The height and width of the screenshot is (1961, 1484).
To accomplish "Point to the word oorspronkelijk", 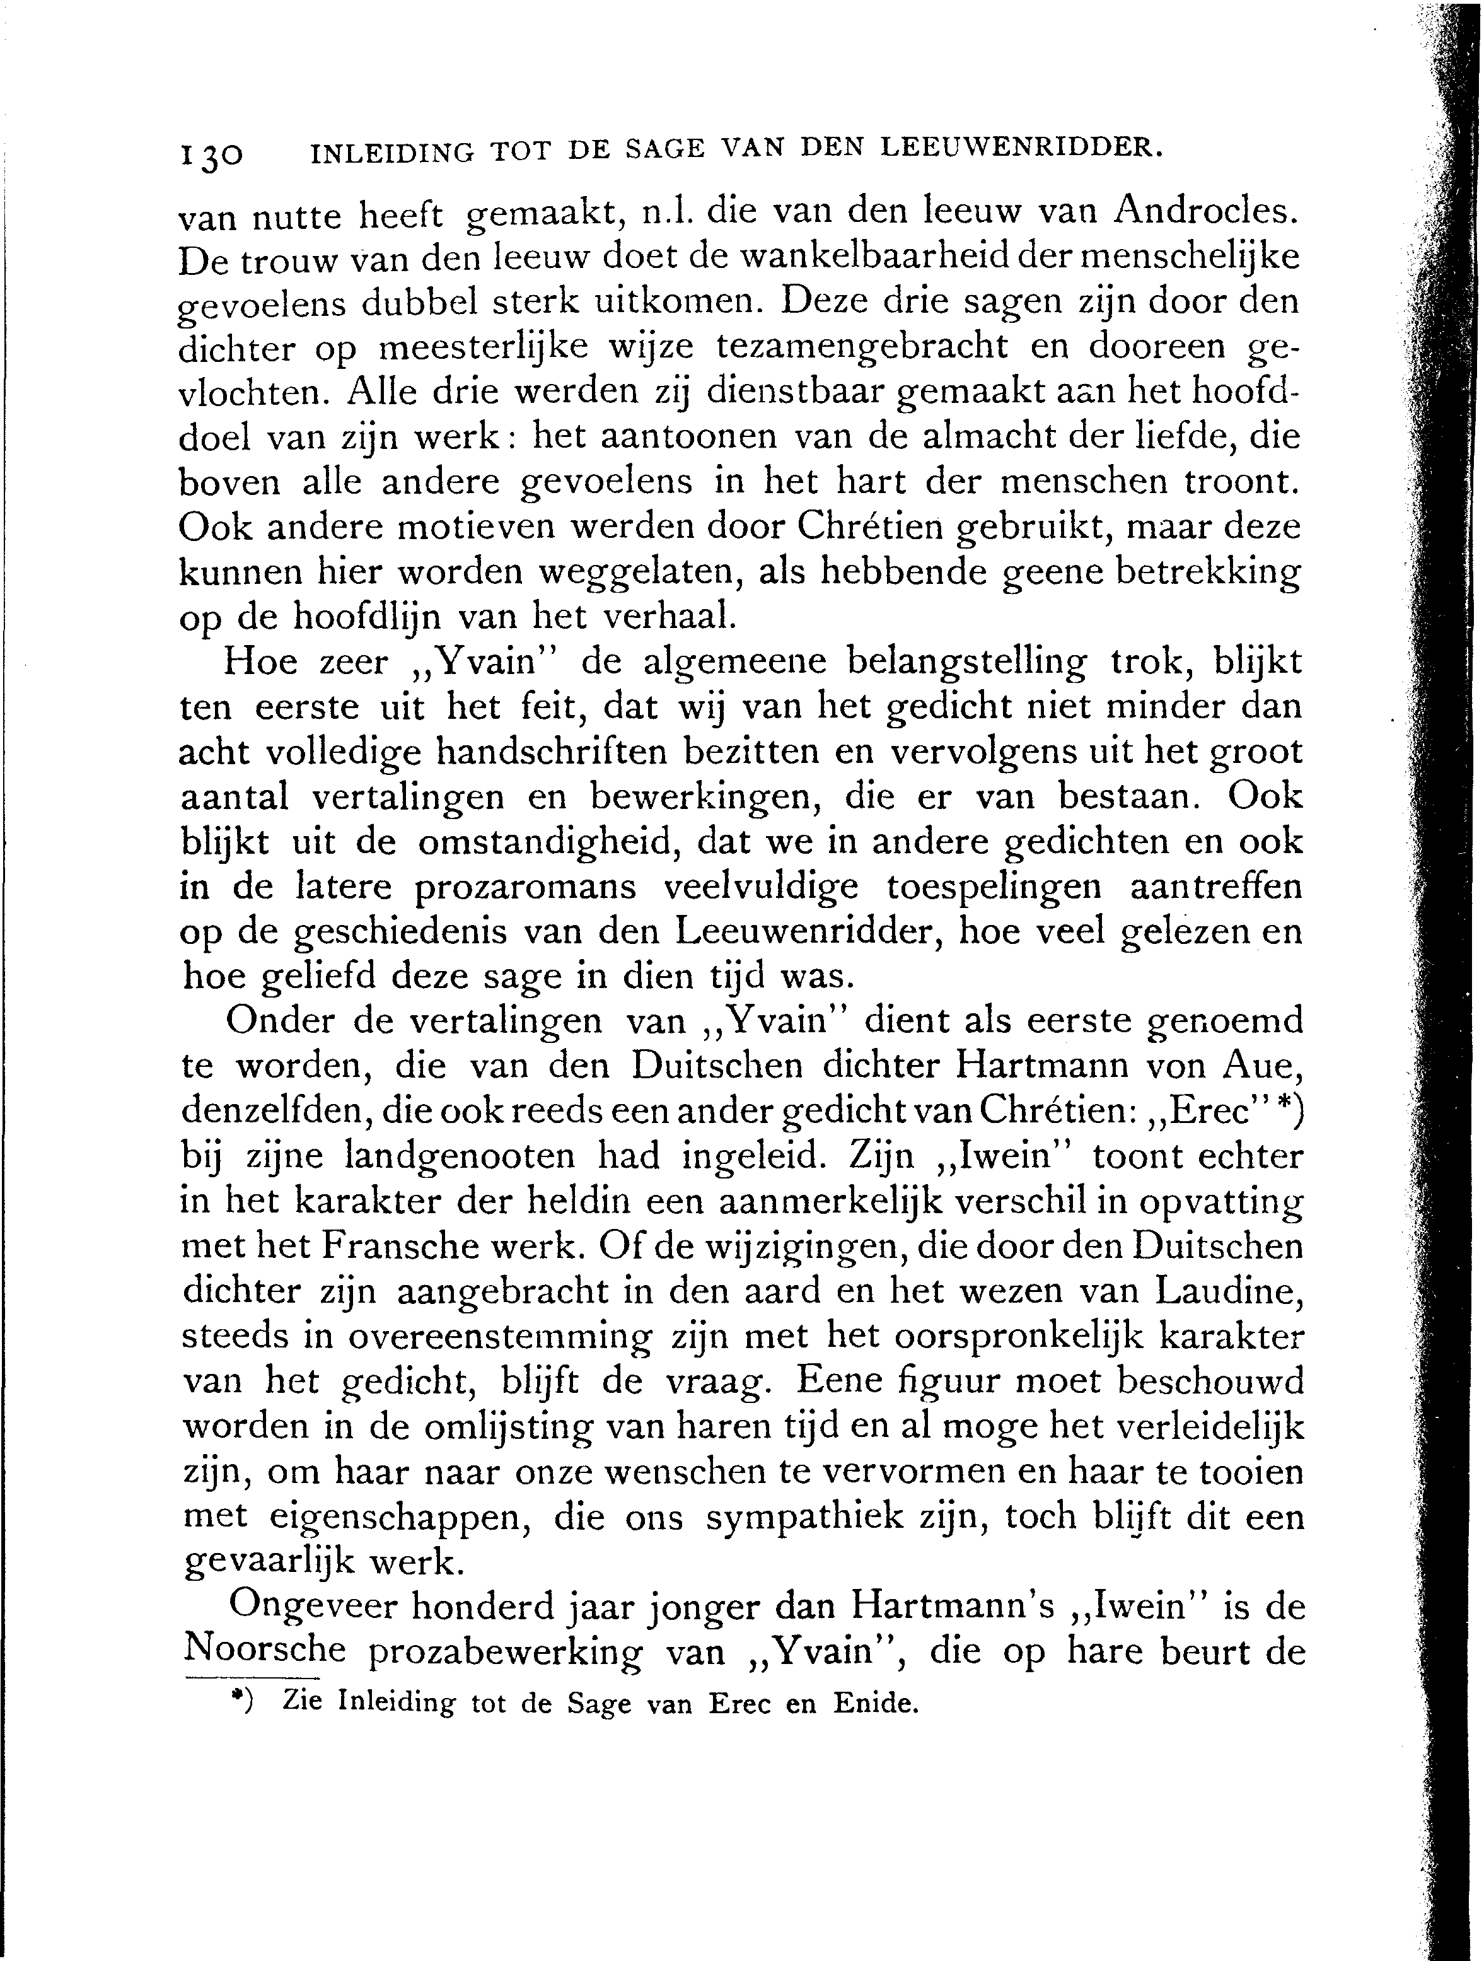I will tap(1008, 1336).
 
